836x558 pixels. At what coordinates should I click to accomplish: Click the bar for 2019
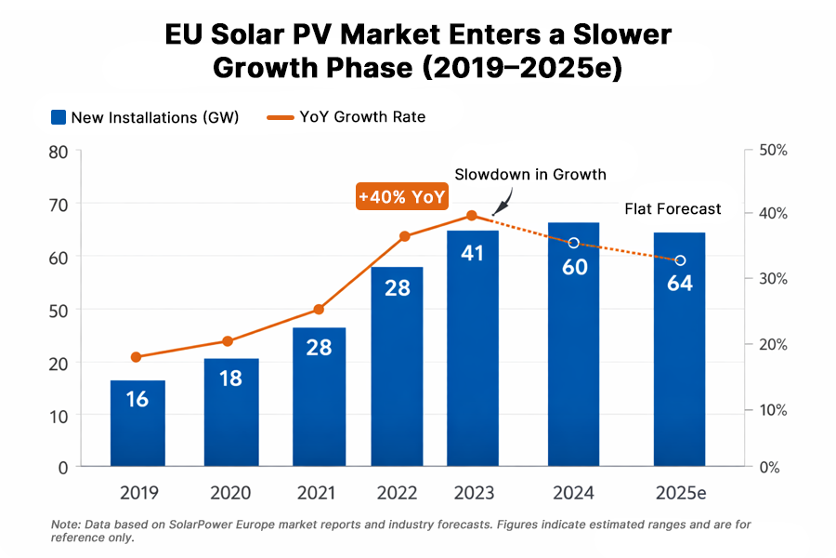click(x=137, y=423)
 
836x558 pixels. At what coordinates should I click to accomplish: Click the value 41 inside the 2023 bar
click(x=473, y=252)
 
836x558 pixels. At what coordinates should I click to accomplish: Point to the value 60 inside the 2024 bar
click(x=573, y=267)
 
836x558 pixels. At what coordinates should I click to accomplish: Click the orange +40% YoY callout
click(x=402, y=197)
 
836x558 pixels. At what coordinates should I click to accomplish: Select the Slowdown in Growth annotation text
click(x=529, y=174)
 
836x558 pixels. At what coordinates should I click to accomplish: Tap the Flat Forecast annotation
click(x=673, y=208)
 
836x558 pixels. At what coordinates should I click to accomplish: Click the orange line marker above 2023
click(x=472, y=216)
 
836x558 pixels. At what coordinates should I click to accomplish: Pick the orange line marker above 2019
click(x=137, y=357)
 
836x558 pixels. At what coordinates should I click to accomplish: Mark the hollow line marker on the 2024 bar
click(x=573, y=243)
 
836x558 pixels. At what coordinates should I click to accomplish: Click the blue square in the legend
click(x=59, y=117)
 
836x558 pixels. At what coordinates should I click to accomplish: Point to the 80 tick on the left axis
click(x=59, y=151)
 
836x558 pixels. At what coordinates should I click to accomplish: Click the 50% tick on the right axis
click(x=773, y=151)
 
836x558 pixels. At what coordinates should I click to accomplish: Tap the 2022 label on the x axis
click(x=397, y=492)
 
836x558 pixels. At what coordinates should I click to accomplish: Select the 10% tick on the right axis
click(x=773, y=410)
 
